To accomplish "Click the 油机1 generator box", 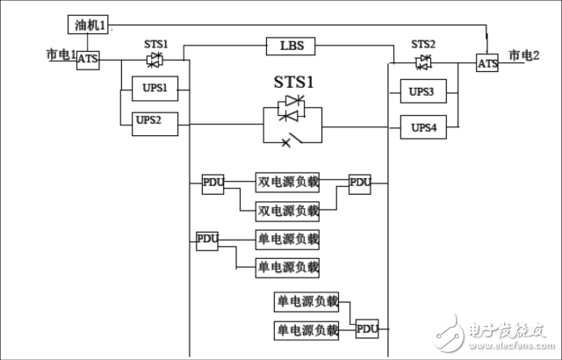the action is tap(88, 25).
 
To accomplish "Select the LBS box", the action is tap(291, 47).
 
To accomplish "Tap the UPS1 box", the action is tap(155, 89).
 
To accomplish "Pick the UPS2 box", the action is tap(155, 124).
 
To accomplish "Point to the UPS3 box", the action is tap(423, 91).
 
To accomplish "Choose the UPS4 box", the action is tap(423, 127).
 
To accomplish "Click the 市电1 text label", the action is tap(61, 54).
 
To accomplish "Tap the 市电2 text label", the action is tap(524, 55).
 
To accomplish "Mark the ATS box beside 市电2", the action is tap(487, 63).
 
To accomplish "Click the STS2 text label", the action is tap(423, 45).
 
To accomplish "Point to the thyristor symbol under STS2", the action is tap(423, 62).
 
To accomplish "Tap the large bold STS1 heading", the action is tap(293, 82).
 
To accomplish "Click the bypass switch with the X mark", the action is tap(292, 140).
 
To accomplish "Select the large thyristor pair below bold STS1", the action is tap(292, 107).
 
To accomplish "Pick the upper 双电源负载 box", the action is tap(287, 183).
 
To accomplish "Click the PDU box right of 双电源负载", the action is tap(360, 184).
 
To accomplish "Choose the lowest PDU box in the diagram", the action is tap(367, 328).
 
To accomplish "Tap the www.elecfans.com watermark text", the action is tap(511, 346).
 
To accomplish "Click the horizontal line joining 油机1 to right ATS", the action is tap(297, 25).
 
